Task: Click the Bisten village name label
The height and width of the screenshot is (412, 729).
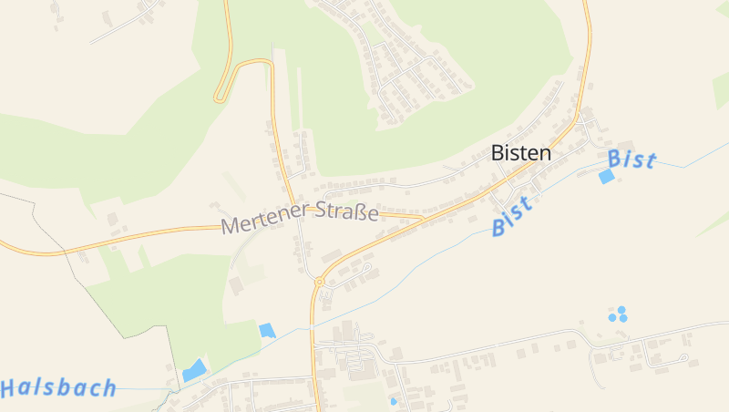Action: (x=521, y=153)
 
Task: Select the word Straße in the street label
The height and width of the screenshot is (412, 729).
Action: (x=347, y=212)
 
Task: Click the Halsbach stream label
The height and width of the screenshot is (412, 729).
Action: (x=58, y=388)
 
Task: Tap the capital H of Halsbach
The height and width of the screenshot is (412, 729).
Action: (x=10, y=389)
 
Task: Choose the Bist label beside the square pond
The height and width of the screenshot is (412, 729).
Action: (x=632, y=160)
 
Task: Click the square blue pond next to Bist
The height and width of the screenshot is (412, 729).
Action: (x=606, y=177)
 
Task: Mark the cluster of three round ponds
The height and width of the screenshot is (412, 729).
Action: (x=619, y=314)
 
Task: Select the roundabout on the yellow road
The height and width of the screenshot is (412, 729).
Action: (x=319, y=283)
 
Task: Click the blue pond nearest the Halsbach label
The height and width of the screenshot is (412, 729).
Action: (x=194, y=370)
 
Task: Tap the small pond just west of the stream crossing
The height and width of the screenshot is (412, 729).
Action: (x=267, y=330)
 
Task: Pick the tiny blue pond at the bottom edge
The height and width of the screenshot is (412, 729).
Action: (x=394, y=400)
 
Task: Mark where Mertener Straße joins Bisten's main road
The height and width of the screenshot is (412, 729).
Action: (x=421, y=218)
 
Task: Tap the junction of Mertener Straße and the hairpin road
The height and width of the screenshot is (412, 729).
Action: (x=292, y=205)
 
